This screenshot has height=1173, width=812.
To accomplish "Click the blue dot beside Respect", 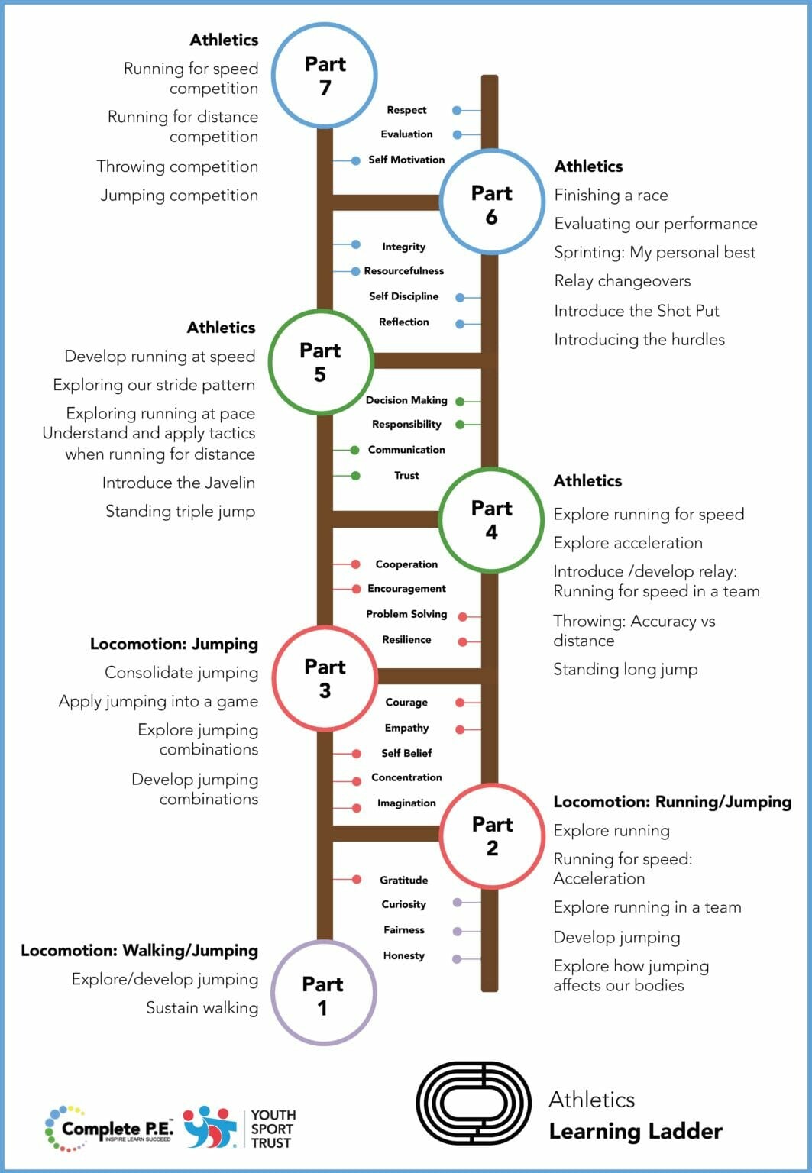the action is tap(457, 111).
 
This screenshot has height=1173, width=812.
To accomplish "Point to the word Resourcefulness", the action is tap(404, 271).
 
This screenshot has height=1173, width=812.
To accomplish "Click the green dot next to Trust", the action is tap(355, 476).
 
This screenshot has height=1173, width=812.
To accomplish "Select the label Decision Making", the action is tap(406, 401).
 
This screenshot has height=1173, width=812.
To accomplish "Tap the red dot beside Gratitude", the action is tap(356, 879).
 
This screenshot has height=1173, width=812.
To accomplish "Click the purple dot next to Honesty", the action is tap(457, 959).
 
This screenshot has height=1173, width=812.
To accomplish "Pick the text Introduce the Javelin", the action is tap(179, 483).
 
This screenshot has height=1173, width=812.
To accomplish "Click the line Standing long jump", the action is tap(626, 670).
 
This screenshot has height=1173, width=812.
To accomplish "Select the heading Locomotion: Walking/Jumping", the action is tap(139, 951).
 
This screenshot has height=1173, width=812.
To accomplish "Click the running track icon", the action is tap(474, 1103).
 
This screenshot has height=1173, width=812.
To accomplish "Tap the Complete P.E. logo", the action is tap(109, 1129).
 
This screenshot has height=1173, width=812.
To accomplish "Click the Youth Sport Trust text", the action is tap(273, 1129).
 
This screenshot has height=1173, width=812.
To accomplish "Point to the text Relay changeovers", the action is tap(623, 281).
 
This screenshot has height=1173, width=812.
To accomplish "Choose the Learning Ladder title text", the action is tap(636, 1132).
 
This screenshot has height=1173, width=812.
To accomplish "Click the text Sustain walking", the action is tap(202, 1008).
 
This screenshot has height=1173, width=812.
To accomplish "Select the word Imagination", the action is tap(406, 803).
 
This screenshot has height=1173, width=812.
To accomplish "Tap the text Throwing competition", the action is tap(177, 167).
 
